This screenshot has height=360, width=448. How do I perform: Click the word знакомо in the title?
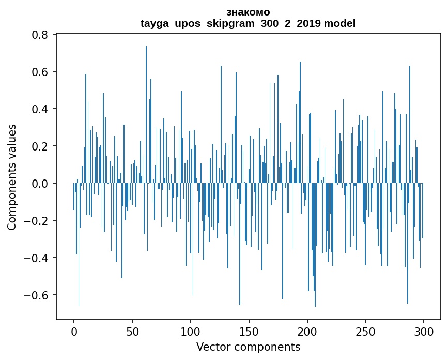(x=248, y=12)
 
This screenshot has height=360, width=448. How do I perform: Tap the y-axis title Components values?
(x=12, y=177)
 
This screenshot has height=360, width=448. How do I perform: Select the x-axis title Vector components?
(x=248, y=347)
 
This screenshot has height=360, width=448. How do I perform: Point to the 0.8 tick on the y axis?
(x=41, y=35)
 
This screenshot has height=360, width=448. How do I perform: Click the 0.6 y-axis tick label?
(x=41, y=72)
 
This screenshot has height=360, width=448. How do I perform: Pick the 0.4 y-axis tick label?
(x=41, y=109)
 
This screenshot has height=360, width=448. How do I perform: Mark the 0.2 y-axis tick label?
(x=41, y=146)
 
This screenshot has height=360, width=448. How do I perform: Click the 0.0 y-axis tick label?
(x=41, y=184)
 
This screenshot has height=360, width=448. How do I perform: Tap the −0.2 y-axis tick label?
(x=37, y=221)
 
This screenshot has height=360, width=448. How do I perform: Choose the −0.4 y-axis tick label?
(x=37, y=258)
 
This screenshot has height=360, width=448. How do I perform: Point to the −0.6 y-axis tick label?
(x=37, y=295)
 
